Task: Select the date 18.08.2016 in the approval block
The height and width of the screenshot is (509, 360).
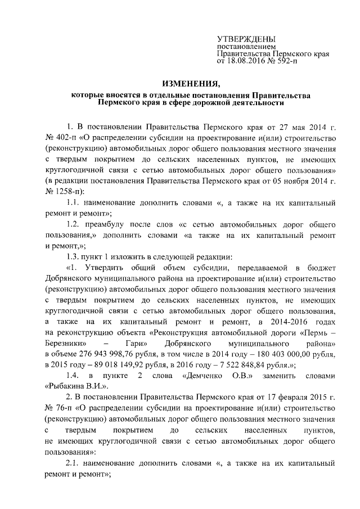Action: coord(245,60)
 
